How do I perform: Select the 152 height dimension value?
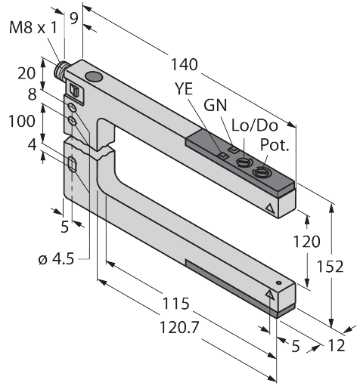331,266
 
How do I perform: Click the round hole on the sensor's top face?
94,77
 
